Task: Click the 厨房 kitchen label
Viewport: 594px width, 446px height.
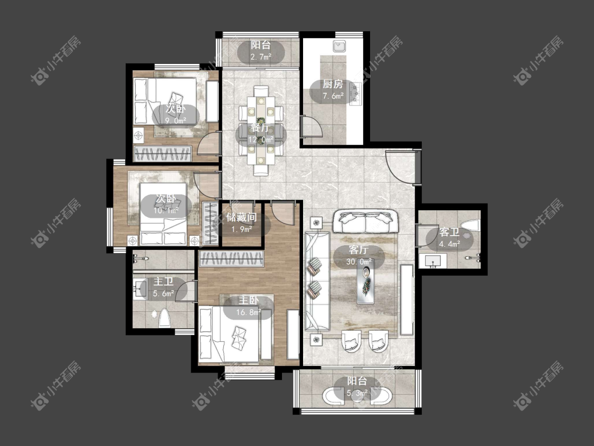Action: tap(333, 84)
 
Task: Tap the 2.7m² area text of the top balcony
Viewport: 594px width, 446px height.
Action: tap(261, 57)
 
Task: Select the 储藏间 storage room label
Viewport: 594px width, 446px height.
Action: tap(241, 217)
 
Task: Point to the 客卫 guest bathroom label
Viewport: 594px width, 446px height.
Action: tap(449, 232)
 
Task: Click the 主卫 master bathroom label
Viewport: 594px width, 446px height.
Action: tap(164, 282)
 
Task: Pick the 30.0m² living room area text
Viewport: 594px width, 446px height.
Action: tap(359, 262)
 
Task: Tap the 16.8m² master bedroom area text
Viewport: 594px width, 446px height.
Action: tap(249, 312)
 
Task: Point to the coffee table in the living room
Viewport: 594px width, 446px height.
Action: tap(365, 282)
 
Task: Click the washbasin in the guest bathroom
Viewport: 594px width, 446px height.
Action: tap(432, 261)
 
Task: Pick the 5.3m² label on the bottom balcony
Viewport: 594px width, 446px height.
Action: tap(357, 393)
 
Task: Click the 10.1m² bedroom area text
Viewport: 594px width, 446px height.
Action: tap(166, 210)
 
